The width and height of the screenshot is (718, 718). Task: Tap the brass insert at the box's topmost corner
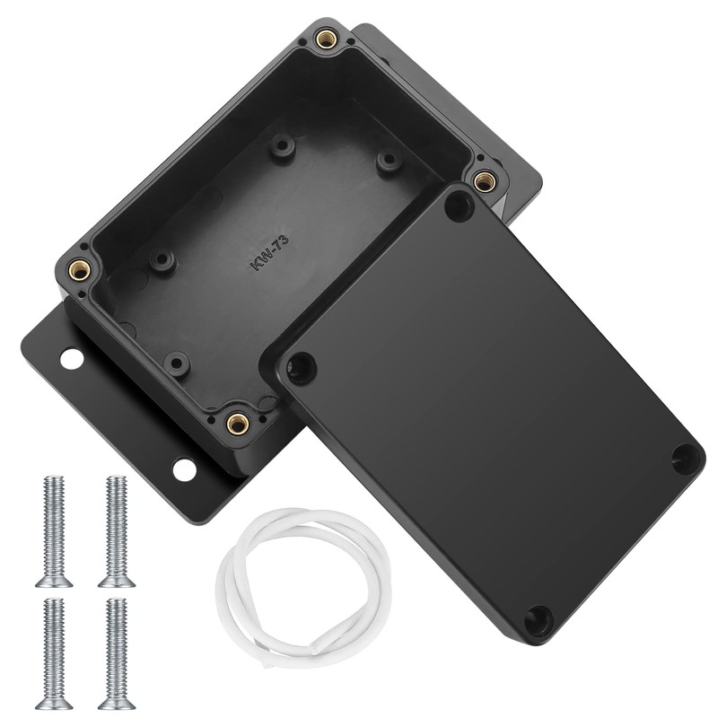327,39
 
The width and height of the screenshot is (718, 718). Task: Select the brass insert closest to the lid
485,180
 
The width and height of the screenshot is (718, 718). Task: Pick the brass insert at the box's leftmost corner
79,268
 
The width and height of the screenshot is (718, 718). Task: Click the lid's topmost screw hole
459,206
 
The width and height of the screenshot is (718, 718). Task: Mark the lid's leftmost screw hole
301,368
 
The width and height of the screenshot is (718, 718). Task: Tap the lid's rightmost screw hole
687,458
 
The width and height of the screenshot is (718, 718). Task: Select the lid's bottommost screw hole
538,620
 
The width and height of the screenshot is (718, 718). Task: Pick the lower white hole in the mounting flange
184,468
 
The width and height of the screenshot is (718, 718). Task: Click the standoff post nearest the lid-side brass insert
388,162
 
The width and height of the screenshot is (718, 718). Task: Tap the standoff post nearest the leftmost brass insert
162,261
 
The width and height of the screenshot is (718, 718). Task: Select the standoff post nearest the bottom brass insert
177,363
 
